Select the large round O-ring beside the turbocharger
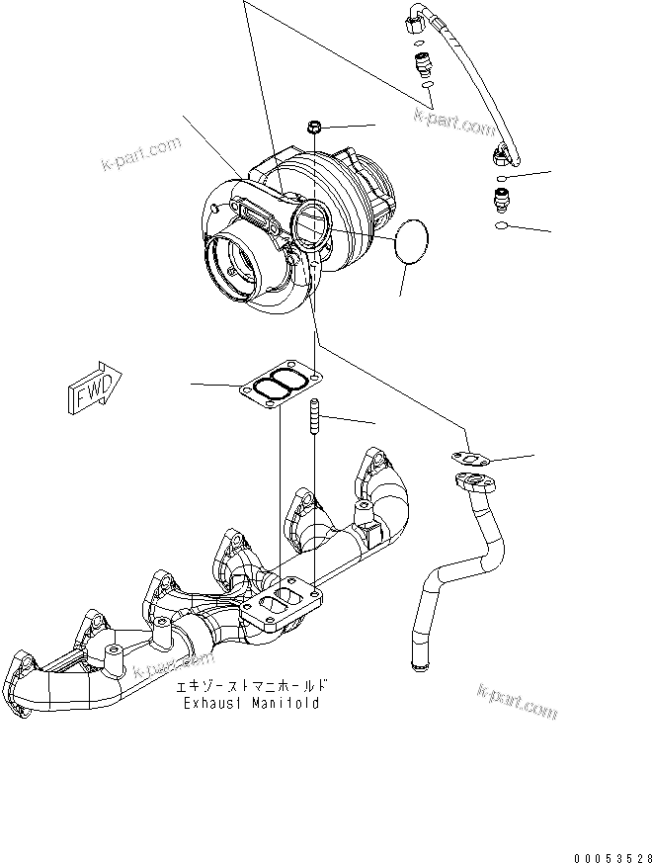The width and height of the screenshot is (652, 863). [412, 242]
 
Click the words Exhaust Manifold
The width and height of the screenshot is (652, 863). [251, 703]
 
